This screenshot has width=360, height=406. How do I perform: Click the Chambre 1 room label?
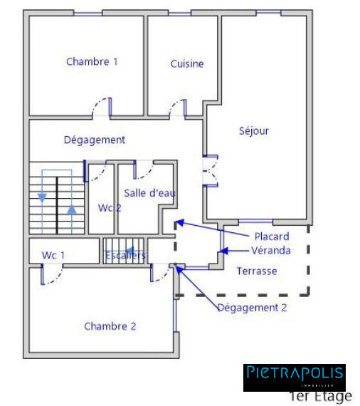(92, 62)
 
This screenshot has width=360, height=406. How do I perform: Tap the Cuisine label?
(187, 64)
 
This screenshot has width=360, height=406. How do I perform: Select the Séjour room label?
(254, 131)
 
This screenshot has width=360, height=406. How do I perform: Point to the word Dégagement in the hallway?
(95, 140)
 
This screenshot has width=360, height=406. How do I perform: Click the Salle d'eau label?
(150, 193)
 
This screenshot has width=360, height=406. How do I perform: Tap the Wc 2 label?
(110, 208)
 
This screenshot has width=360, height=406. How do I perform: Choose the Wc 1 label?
(53, 255)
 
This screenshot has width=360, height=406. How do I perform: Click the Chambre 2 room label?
(110, 326)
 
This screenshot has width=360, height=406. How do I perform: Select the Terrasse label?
(257, 271)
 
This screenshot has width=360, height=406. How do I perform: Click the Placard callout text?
(272, 236)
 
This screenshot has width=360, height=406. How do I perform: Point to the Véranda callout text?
(270, 250)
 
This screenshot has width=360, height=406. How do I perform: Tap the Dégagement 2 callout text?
(252, 308)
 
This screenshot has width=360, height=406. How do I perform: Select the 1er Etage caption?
(320, 396)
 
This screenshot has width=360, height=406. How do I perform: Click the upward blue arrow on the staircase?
(71, 211)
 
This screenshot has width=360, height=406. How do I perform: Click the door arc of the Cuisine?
(176, 108)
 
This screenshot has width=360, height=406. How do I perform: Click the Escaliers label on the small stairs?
(125, 255)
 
